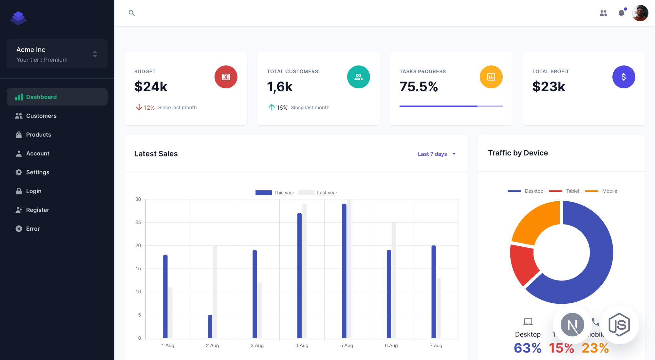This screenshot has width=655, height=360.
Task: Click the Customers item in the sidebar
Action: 41,116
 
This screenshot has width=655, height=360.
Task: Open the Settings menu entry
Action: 37,172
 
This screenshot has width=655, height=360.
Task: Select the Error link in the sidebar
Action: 33,229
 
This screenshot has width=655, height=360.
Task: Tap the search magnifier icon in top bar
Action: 132,13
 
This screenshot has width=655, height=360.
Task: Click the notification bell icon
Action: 621,13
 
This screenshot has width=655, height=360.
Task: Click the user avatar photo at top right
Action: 640,13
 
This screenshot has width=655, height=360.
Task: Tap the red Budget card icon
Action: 226,77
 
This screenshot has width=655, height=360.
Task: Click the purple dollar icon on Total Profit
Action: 624,77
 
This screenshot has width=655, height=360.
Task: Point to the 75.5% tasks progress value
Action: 419,87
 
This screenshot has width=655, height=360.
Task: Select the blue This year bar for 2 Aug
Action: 210,326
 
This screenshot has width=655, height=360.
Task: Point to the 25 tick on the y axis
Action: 138,223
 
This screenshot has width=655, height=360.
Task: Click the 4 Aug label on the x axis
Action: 302,346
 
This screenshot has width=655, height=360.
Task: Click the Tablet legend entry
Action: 572,191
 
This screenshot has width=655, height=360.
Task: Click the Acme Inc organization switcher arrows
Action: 95,54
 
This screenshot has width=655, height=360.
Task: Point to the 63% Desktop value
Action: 527,348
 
